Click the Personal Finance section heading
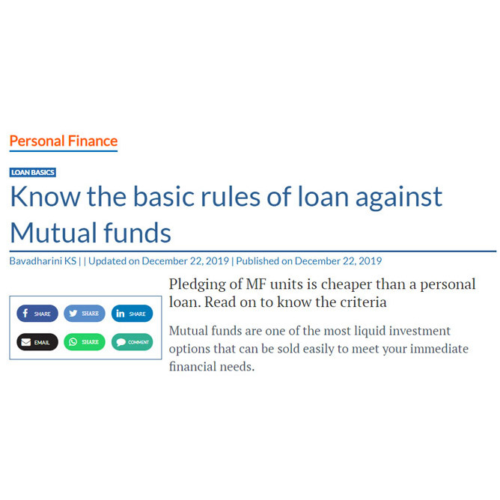64,141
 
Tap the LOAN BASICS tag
33,172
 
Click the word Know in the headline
45,197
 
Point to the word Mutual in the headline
53,233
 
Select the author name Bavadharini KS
43,261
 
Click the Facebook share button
37,314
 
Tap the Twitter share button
85,314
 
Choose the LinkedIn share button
132,314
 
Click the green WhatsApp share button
85,342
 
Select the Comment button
132,342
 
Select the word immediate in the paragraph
439,349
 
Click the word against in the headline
399,198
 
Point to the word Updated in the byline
108,261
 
